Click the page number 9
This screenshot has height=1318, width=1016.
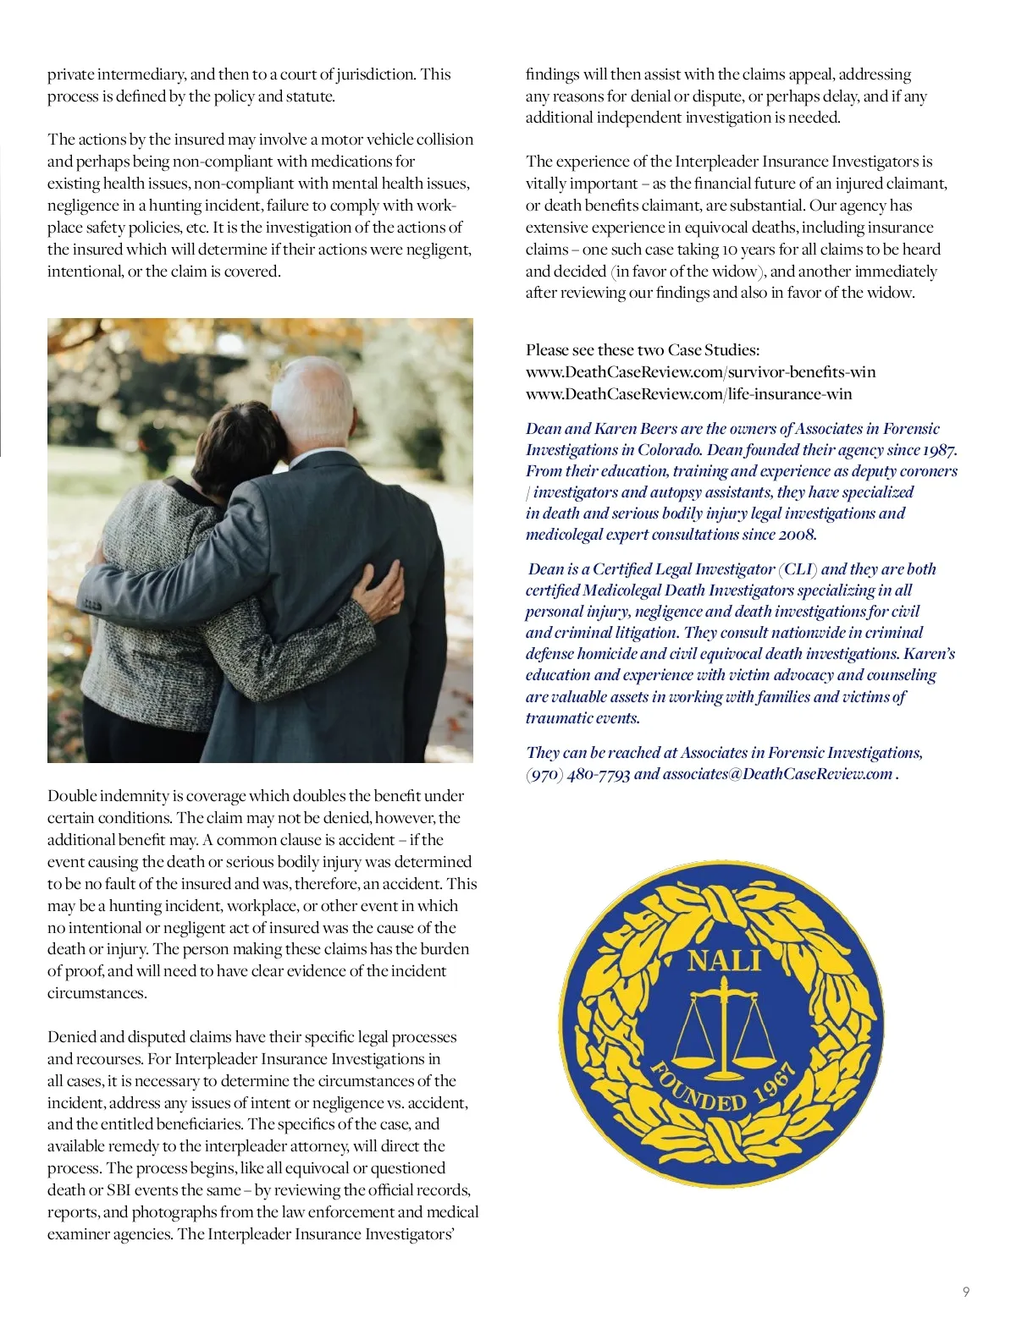(x=966, y=1292)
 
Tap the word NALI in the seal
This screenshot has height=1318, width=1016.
(x=724, y=960)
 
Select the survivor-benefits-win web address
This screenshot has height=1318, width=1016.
(x=700, y=372)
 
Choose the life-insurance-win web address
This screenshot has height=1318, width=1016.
(x=688, y=394)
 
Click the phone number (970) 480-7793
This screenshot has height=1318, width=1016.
(x=577, y=774)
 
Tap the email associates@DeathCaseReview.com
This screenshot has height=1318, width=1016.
(x=777, y=774)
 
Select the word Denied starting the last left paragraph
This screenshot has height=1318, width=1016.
(x=71, y=1037)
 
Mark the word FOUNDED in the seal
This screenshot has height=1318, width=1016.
(x=698, y=1092)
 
